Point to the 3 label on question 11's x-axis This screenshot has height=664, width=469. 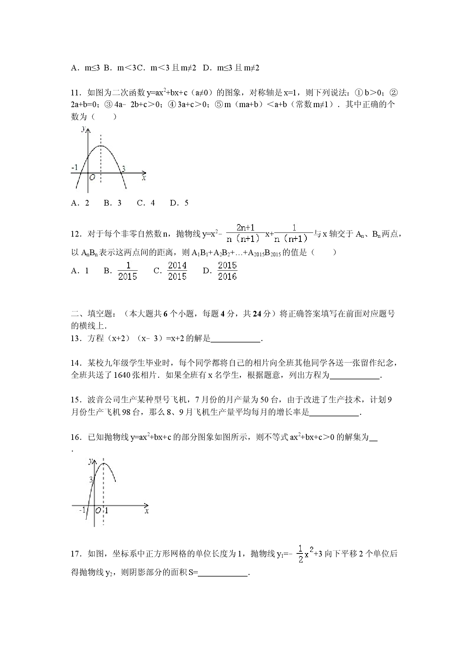pos(123,169)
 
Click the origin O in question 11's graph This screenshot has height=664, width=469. pos(92,178)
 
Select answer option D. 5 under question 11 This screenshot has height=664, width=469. pos(179,203)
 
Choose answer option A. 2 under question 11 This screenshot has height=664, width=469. pos(80,203)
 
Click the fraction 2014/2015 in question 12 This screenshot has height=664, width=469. pos(177,271)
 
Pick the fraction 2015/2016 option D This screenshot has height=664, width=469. pos(227,271)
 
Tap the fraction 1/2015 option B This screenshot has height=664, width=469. pos(128,271)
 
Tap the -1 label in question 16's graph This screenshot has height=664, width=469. pos(82,510)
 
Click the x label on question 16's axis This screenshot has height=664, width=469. pos(146,511)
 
